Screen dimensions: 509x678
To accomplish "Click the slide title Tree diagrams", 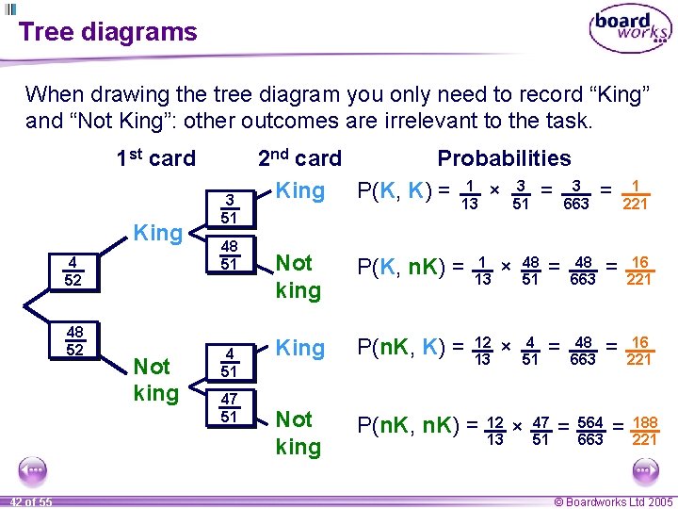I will point(107,32).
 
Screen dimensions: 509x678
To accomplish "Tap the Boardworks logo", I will point(630,30).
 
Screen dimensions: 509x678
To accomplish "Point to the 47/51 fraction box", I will point(229,408).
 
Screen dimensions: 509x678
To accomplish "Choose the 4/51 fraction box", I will point(229,363).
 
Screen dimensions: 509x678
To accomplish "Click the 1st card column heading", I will point(155,158).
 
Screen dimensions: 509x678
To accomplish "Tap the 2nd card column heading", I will point(299,158).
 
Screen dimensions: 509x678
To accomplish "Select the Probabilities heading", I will point(504,158).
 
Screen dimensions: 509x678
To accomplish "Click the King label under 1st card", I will point(157,231).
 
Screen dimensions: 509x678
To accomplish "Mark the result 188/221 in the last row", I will point(644,431).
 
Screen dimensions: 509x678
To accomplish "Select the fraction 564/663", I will point(589,431).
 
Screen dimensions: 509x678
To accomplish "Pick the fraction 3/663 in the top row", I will point(575,195).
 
